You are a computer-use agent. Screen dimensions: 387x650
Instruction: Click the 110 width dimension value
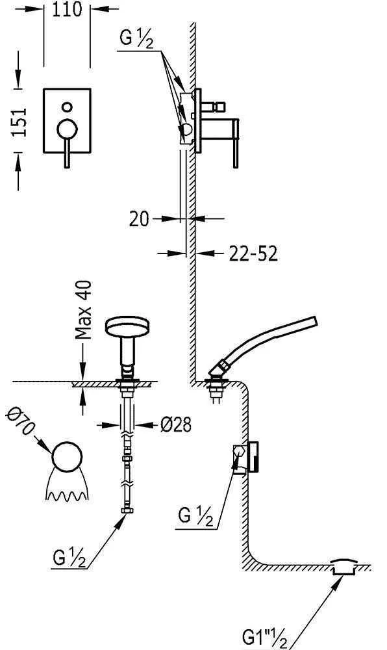tap(67, 9)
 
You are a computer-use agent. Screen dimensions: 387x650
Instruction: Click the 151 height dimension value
tap(19, 122)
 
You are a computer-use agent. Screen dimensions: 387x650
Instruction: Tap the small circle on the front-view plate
tap(67, 107)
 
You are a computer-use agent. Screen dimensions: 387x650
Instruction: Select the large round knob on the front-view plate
tap(67, 129)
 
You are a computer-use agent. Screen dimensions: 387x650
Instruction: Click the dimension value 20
tap(139, 219)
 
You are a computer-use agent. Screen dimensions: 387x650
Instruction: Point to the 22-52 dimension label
tap(253, 253)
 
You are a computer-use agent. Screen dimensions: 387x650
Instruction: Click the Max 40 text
tap(84, 310)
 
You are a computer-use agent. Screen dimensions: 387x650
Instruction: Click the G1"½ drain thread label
tap(264, 637)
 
